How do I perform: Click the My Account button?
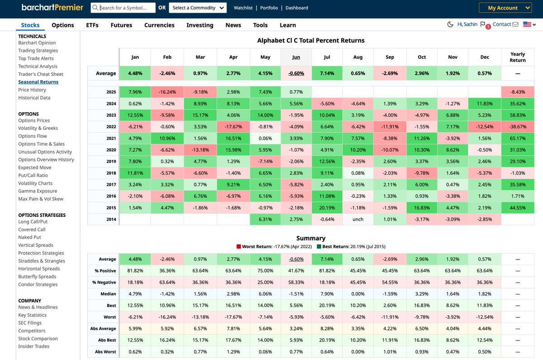[x=505, y=8]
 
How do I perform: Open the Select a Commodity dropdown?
[x=198, y=8]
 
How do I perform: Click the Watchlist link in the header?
[x=243, y=8]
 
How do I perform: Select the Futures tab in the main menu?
[x=121, y=25]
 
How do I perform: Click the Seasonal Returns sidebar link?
[x=38, y=82]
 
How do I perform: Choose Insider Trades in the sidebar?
[x=33, y=346]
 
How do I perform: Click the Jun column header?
[x=296, y=57]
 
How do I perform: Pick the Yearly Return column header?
[x=518, y=57]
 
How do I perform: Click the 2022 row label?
[x=111, y=127]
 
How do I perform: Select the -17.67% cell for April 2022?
[x=233, y=127]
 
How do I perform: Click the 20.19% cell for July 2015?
[x=327, y=208]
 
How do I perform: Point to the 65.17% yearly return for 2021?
[x=518, y=139]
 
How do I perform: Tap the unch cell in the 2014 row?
[x=358, y=220]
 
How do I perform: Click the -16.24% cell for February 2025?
[x=167, y=92]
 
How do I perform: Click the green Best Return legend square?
[x=319, y=247]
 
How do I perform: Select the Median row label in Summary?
[x=109, y=294]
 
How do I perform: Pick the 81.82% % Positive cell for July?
[x=327, y=271]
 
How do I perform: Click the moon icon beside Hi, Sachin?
[x=450, y=24]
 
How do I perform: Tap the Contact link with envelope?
[x=505, y=24]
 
